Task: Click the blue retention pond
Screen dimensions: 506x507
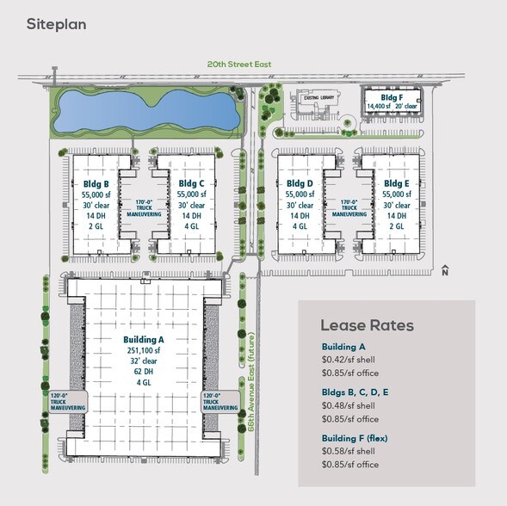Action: (143, 109)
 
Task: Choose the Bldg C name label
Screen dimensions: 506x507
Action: (191, 183)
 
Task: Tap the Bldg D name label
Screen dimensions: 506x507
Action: (299, 183)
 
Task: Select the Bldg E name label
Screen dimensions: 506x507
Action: (396, 183)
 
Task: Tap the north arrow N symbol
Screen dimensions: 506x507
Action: (445, 272)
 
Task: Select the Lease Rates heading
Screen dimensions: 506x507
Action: (367, 325)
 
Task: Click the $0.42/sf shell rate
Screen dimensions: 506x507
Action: (349, 360)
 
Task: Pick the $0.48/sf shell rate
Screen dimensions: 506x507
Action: (349, 405)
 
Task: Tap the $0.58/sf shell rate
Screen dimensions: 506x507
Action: (349, 452)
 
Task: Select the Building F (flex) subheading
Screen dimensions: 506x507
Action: (355, 438)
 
